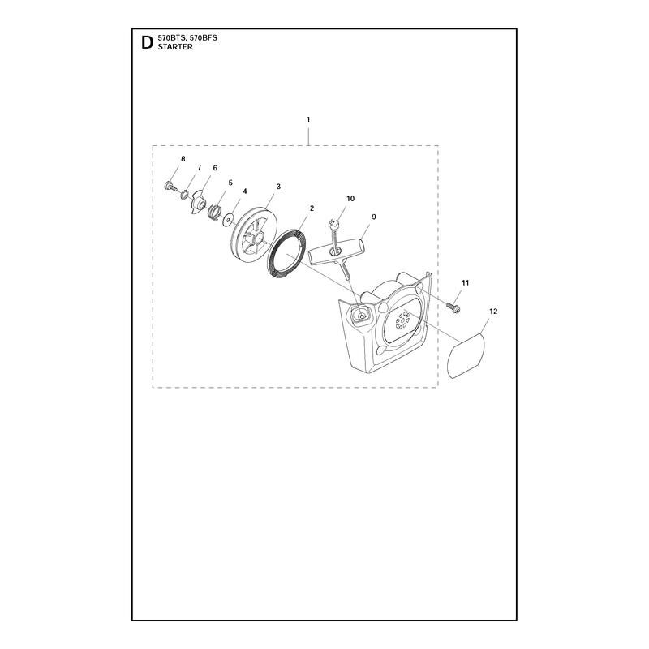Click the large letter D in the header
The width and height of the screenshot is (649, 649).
click(x=147, y=43)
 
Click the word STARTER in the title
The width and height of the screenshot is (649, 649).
click(x=175, y=47)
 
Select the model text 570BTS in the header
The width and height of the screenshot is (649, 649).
click(x=170, y=38)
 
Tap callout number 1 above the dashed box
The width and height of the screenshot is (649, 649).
click(x=308, y=119)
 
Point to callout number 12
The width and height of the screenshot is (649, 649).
click(x=493, y=312)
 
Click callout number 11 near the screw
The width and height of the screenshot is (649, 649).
click(x=465, y=282)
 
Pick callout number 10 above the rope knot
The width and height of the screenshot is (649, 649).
click(x=350, y=199)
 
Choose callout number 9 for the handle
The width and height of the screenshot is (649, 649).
click(x=374, y=217)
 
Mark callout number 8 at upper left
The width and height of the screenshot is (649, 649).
click(x=183, y=159)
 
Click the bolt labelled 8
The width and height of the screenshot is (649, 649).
click(x=170, y=186)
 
